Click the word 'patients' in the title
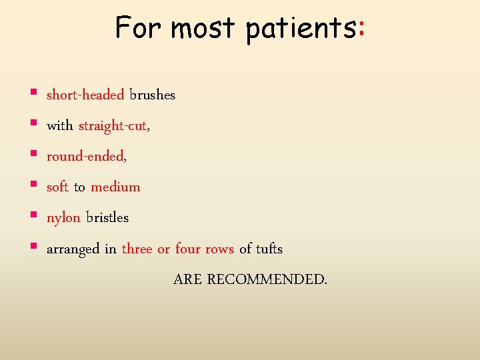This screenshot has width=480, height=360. coord(301,29)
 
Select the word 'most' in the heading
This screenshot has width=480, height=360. coord(203,29)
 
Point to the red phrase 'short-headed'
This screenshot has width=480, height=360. coord(85,95)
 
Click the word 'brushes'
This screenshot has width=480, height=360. coord(153,95)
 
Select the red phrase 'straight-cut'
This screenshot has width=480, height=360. coord(113,125)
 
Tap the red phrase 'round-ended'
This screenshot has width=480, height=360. coord(85,157)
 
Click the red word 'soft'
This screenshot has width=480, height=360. coord(57,187)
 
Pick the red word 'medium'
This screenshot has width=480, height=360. coord(115,187)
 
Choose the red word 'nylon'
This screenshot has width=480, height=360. coord(63,218)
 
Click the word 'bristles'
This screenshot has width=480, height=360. coord(107,217)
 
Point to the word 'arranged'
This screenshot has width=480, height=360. coord(73,249)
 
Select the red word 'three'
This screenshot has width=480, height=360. coord(137,249)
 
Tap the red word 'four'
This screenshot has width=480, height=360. coord(187,249)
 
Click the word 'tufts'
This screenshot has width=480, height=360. coord(269,249)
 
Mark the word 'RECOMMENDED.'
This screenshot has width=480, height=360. coord(267,279)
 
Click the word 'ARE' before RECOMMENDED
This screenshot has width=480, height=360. coord(187,279)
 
